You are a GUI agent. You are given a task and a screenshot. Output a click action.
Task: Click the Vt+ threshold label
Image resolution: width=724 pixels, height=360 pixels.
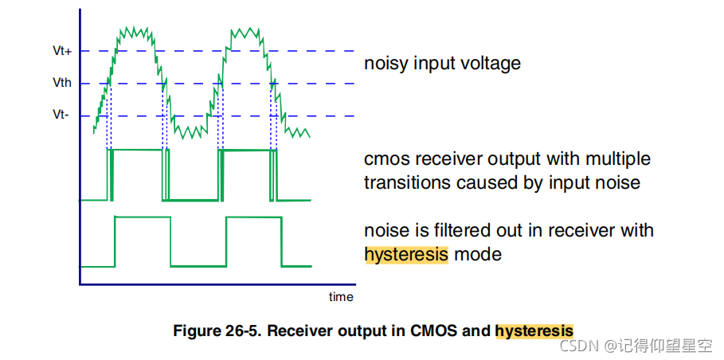coord(61,51)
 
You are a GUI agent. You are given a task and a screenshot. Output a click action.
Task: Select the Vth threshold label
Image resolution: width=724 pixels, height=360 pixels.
coord(61,83)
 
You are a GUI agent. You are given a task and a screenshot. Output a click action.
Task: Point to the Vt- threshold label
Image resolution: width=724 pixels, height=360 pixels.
coord(61,115)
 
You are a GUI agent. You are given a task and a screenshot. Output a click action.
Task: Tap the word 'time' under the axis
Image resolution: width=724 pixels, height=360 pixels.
coord(341,297)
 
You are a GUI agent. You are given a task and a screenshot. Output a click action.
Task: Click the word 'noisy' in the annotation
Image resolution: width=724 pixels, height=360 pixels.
coord(385,64)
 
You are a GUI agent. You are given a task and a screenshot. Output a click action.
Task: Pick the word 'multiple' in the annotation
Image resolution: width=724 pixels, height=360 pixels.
coord(619,159)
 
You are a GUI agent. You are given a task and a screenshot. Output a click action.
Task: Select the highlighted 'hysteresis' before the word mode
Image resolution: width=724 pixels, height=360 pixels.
coord(406,255)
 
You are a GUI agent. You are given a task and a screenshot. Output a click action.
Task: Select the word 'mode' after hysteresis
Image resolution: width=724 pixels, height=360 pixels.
coord(477,255)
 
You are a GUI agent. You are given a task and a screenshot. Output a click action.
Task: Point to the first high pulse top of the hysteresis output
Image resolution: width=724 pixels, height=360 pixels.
coord(143,217)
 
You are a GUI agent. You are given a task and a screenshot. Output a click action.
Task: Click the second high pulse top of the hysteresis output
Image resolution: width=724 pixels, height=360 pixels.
coord(252,217)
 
